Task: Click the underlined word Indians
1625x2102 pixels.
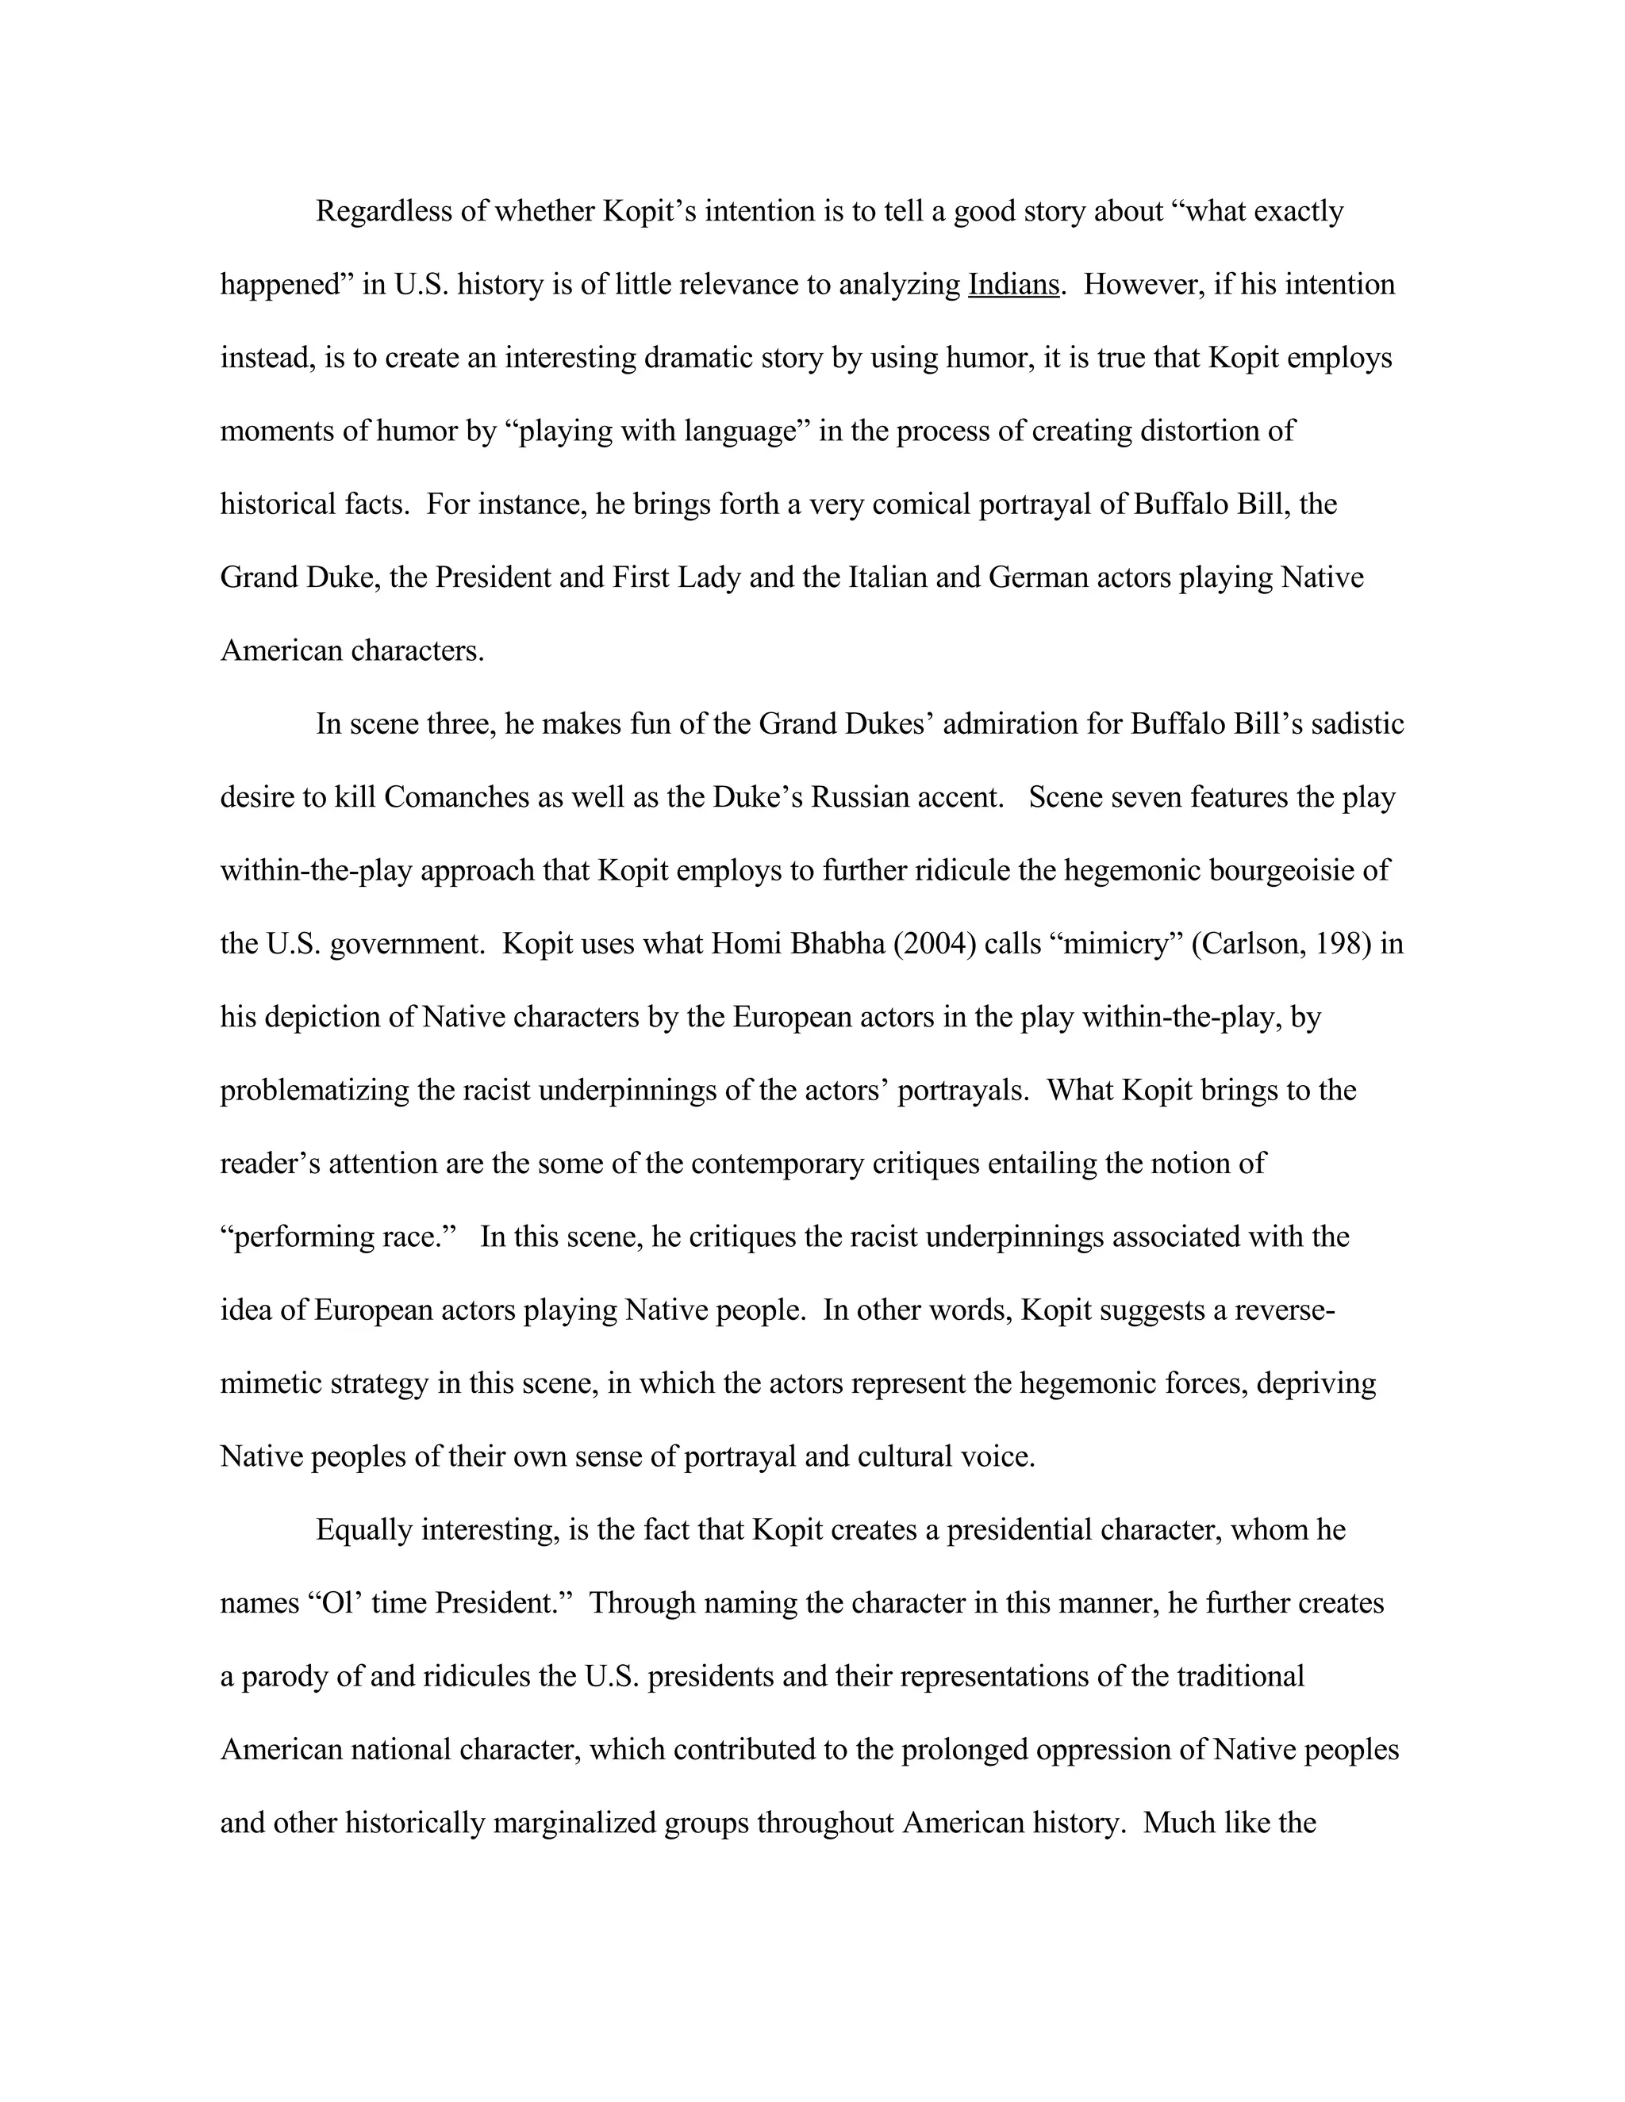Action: click(1012, 285)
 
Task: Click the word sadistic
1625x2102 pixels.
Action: click(1358, 725)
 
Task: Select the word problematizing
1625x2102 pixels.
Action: click(315, 1091)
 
